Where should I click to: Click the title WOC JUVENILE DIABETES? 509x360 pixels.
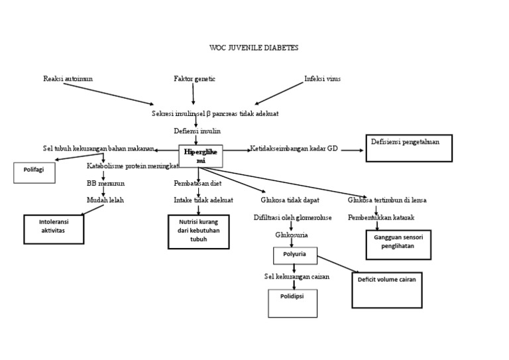coord(254,48)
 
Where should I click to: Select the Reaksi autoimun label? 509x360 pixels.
coord(68,79)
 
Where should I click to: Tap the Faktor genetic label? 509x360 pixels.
coord(194,79)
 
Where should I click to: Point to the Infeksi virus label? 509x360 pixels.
coord(322,79)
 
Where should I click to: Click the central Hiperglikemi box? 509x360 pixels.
coord(201,156)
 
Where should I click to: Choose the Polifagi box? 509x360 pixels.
coord(34,172)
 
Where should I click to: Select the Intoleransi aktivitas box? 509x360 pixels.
coord(54,229)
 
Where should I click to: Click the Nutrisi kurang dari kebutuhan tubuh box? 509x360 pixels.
coord(199,231)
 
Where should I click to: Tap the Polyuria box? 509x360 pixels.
coord(294,255)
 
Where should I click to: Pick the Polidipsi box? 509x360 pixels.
coord(292,302)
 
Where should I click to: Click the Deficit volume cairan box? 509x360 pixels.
coord(386,289)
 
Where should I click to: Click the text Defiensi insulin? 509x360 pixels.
coord(198,131)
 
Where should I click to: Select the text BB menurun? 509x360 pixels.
coord(105,183)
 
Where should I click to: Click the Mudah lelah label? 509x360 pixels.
coord(105,200)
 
